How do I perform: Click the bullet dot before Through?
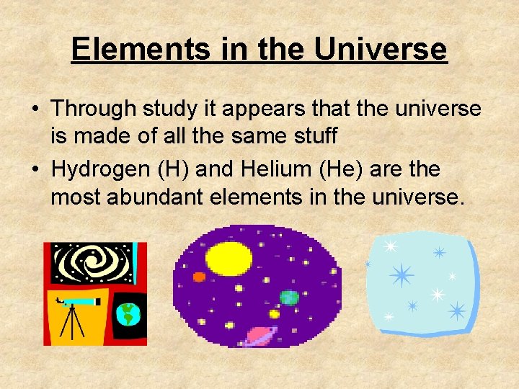coord(35,109)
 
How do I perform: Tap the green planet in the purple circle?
coord(288,298)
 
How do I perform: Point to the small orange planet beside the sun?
coord(199,277)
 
